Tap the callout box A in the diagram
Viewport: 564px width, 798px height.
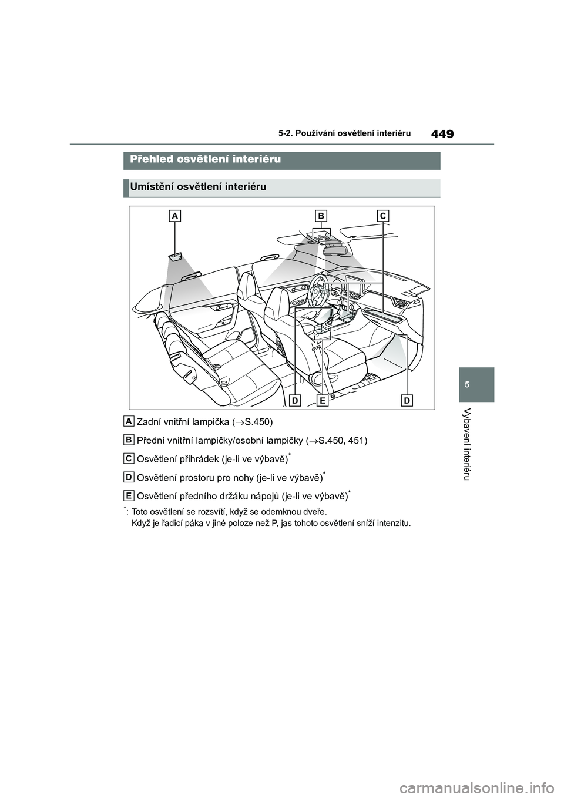pos(174,216)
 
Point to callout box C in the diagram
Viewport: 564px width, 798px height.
pos(383,216)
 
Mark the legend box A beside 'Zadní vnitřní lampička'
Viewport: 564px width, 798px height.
pos(129,421)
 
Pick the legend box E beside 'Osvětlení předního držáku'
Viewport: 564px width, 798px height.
pos(129,495)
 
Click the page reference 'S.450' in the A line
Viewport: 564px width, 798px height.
pos(257,422)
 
